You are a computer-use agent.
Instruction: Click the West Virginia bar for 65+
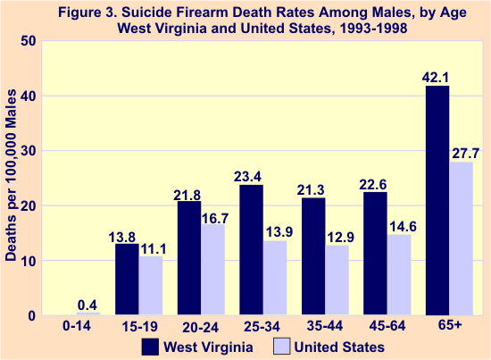point(437,200)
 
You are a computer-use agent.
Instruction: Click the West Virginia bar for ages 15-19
point(128,280)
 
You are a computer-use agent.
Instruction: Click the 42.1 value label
point(437,77)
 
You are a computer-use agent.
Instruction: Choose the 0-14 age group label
point(79,328)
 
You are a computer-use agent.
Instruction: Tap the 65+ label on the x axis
point(451,328)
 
